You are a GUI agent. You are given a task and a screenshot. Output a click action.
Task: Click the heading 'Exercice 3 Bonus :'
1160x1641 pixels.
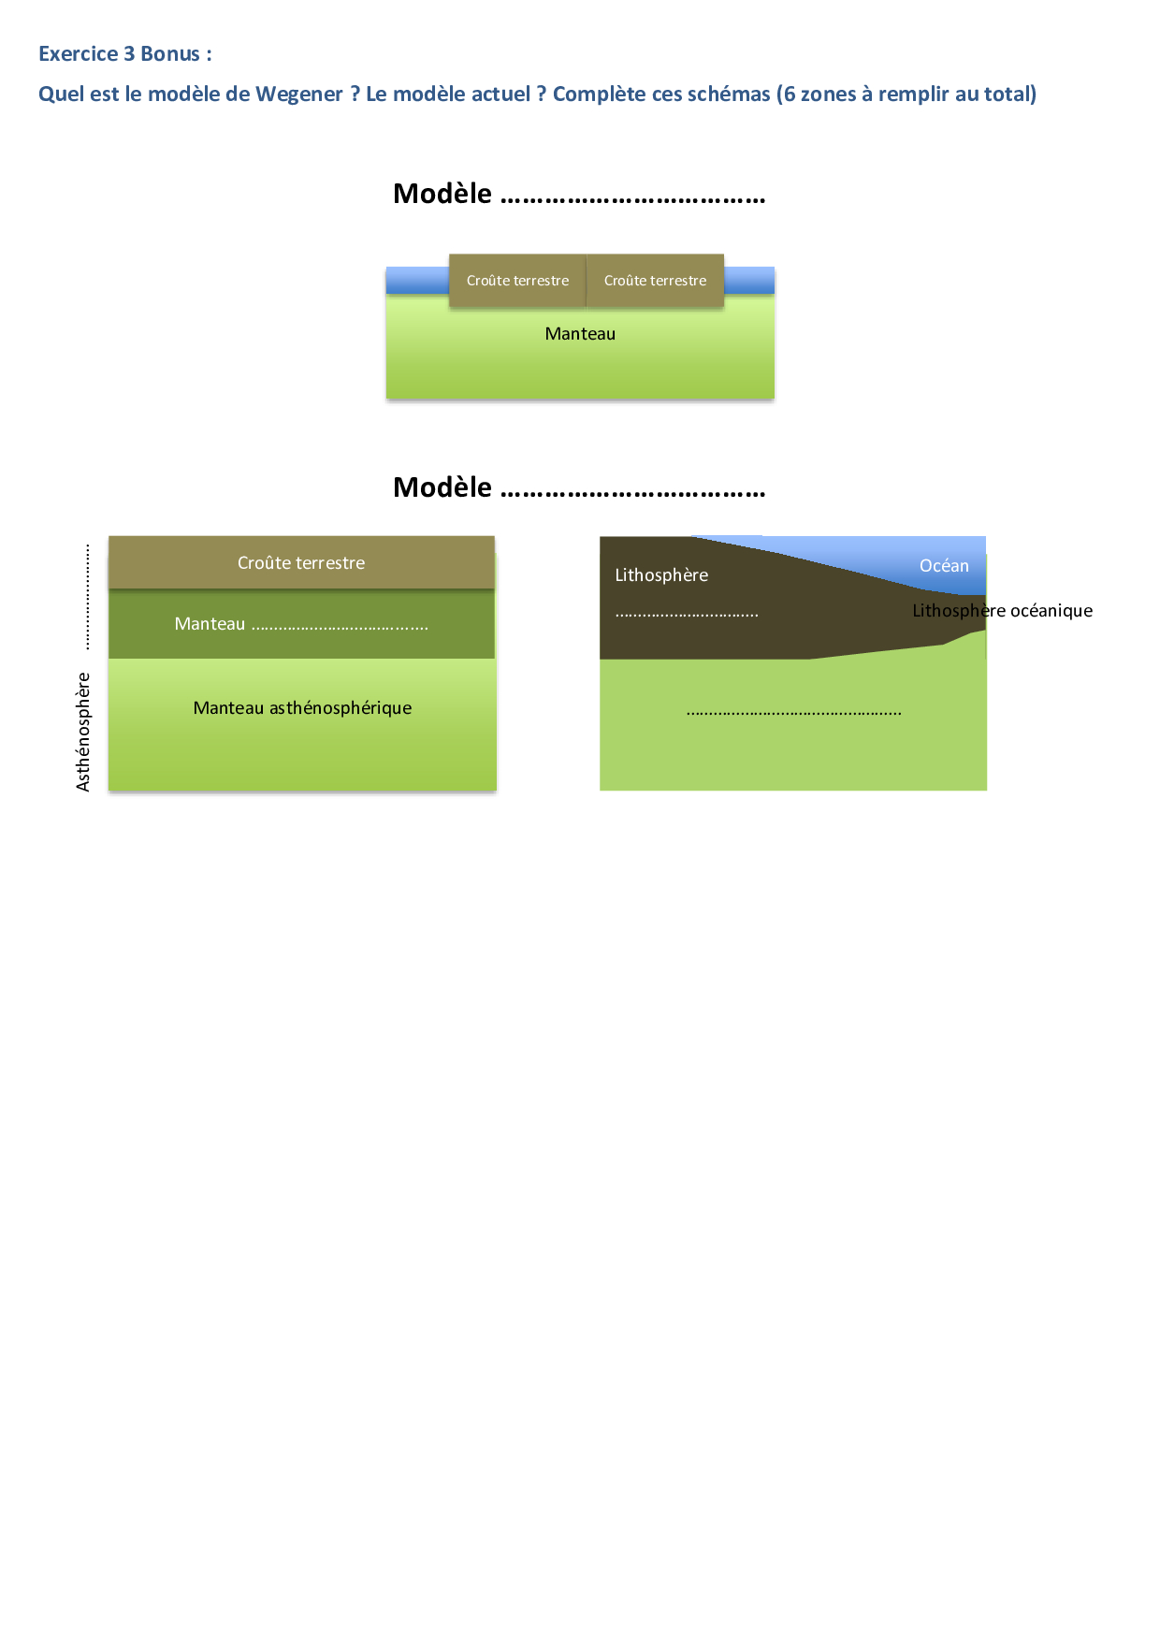124,54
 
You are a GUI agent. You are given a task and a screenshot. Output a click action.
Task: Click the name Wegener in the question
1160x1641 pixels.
299,94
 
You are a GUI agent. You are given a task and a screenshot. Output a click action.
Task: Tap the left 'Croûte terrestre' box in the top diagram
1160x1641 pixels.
517,281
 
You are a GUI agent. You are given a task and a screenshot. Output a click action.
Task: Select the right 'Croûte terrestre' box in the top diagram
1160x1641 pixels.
655,281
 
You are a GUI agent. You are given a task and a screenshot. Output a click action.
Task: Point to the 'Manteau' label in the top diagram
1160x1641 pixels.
580,334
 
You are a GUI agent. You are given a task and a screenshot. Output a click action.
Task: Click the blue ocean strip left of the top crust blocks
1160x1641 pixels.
417,280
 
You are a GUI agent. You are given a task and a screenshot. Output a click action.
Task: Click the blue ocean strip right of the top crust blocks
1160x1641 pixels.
749,280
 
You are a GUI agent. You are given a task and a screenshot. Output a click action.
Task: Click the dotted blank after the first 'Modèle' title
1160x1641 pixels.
633,197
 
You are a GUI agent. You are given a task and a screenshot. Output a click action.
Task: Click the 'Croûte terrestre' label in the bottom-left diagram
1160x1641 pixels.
301,563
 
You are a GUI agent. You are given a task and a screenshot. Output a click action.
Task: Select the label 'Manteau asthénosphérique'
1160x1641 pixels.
302,708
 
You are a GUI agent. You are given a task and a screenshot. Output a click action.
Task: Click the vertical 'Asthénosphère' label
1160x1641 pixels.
83,732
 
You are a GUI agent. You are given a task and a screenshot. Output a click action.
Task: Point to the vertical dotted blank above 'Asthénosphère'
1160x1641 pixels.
87,596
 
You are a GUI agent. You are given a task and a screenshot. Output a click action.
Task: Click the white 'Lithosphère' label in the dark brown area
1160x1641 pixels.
661,575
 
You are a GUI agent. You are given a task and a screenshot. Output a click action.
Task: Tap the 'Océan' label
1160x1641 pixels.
944,566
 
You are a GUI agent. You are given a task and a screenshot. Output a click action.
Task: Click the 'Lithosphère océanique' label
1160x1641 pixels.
1002,611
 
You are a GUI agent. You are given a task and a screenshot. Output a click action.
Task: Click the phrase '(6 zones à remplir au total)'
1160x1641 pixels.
906,94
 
